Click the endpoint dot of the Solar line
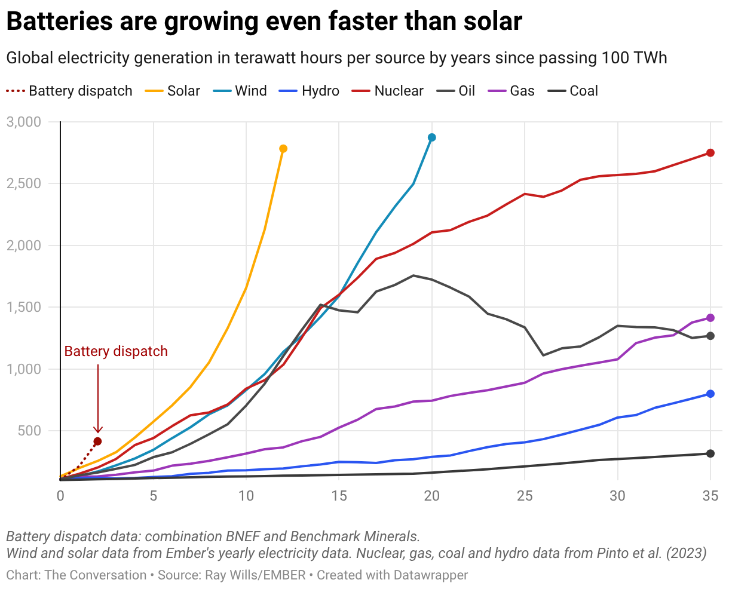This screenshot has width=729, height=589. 283,149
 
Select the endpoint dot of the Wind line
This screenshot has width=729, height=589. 432,137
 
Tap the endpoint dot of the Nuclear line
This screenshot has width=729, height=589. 710,153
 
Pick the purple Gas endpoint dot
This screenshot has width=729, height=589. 710,318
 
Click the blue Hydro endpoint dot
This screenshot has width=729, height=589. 710,394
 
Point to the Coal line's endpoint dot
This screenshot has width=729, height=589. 710,453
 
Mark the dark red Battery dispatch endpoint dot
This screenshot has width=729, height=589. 97,441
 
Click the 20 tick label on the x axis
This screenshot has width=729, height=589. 432,495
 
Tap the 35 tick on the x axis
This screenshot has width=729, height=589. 710,495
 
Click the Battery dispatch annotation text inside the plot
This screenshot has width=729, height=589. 116,351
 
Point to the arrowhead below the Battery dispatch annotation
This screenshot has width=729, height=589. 98,430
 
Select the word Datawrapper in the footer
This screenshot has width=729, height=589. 430,575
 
